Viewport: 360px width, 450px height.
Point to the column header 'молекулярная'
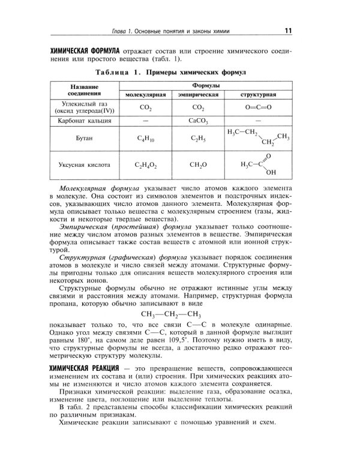click(145, 95)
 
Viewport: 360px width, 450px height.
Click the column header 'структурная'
click(258, 95)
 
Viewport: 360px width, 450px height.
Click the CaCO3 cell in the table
click(197, 121)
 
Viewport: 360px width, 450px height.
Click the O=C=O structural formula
click(258, 107)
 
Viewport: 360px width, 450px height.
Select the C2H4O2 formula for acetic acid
click(145, 164)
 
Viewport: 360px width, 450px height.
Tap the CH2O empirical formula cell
click(197, 164)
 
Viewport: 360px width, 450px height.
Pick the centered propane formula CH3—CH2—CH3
click(170, 314)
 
